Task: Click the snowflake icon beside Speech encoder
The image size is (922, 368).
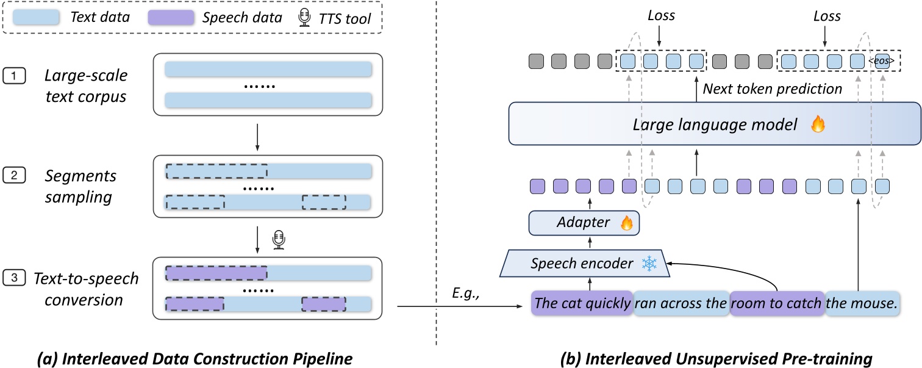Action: tap(650, 263)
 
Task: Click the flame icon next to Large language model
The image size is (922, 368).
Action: tap(818, 124)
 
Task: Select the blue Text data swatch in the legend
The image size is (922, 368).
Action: tap(35, 18)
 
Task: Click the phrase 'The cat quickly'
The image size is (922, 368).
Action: tap(582, 303)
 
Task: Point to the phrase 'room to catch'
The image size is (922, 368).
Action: tap(777, 303)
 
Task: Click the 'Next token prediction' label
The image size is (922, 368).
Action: tap(772, 89)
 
